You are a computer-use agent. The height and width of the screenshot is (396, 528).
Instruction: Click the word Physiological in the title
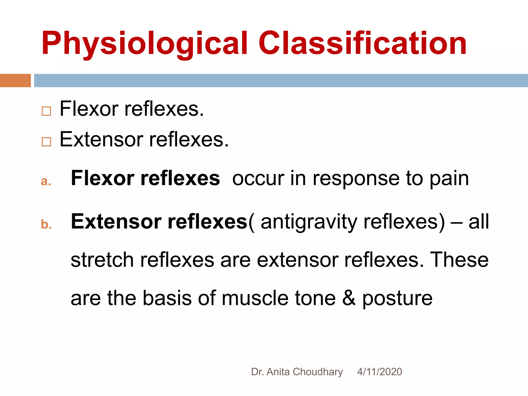144,44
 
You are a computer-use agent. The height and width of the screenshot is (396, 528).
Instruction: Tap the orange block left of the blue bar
15,80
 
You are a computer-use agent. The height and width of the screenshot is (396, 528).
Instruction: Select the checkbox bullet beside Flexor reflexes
46,111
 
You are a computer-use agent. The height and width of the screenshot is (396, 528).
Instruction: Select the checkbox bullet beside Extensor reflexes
46,142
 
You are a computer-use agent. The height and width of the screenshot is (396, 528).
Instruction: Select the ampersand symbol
349,298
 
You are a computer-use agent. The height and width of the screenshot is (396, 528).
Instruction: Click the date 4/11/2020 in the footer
379,372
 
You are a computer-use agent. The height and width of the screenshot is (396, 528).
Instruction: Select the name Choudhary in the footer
318,372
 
